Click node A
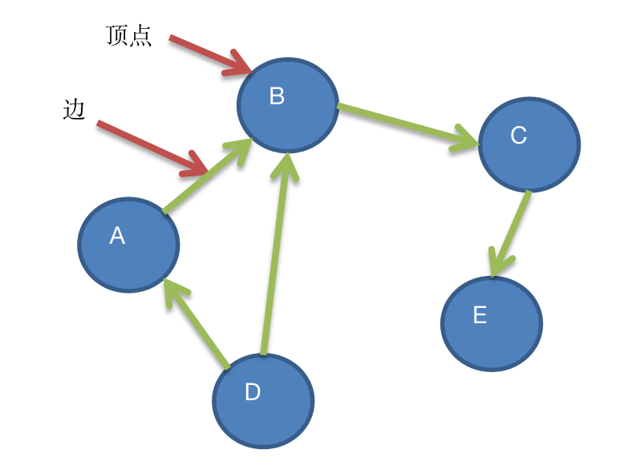coord(128,245)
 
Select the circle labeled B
coord(287,105)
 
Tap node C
coord(529,144)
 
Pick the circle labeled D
coord(263,400)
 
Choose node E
coord(491,323)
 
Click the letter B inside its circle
coord(277,96)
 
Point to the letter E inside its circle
coord(480,315)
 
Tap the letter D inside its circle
coord(253,392)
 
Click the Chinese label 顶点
coord(128,36)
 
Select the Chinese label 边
coord(74,109)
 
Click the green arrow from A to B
coord(206,177)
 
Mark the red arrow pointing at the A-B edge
coord(152,147)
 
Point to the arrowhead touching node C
coord(468,138)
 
